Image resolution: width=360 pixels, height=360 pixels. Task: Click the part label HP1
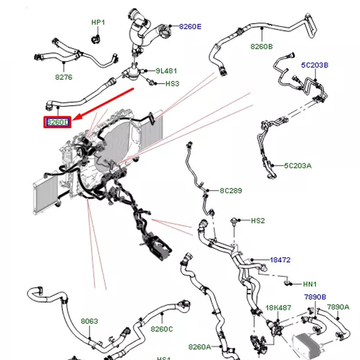coord(98,22)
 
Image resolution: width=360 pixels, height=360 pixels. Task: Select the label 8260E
coord(190,26)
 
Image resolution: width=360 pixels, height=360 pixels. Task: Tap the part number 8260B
coord(261,46)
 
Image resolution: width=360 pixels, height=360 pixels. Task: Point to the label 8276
coord(64,77)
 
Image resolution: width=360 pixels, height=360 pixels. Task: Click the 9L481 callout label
coord(166,71)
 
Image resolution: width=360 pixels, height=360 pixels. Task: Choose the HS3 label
coord(172,83)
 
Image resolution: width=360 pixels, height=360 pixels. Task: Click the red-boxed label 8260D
coord(58,122)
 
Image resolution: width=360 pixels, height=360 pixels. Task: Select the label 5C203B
coord(314,65)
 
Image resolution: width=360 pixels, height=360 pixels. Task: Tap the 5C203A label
coord(298,165)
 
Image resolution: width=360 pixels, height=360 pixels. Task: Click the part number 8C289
coord(231,190)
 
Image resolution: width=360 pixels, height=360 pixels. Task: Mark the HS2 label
coord(258,221)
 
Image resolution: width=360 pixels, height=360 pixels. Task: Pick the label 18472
coord(280,260)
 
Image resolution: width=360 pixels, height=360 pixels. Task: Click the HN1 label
coord(310,284)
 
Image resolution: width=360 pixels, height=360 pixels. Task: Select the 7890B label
coord(315,297)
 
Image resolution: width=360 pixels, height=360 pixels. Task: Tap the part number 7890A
coord(338,307)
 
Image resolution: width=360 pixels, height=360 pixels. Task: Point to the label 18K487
coord(278,308)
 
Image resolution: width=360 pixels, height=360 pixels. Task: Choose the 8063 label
coord(89,321)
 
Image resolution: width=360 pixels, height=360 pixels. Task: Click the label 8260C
coord(162,329)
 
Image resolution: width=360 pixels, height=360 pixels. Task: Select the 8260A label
coord(200,347)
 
